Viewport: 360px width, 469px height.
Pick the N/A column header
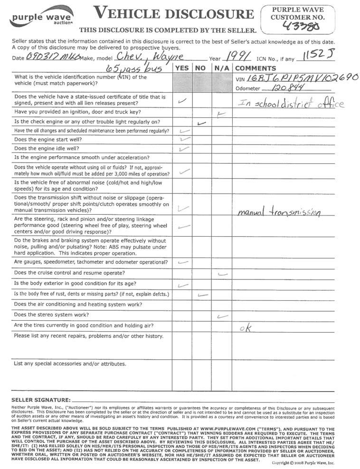point(221,68)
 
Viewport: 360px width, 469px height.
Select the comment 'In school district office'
point(288,104)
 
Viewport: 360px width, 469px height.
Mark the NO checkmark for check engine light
point(201,123)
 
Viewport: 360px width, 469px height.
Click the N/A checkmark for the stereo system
point(220,316)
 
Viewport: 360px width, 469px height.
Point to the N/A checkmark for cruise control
point(221,274)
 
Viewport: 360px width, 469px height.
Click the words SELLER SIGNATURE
point(41,400)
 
